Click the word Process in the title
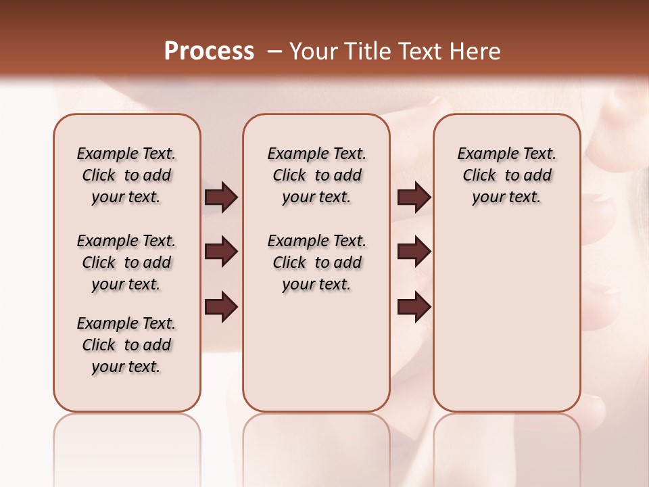click(209, 51)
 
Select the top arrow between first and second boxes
click(221, 197)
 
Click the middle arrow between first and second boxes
click(221, 252)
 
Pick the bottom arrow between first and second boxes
click(221, 307)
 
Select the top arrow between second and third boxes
click(414, 197)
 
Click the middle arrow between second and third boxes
click(414, 252)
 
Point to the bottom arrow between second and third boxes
click(414, 307)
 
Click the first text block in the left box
click(126, 175)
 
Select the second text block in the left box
click(126, 262)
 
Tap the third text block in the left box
click(126, 345)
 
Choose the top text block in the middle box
click(316, 175)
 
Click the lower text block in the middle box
click(316, 262)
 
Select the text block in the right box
click(506, 175)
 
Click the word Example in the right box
click(485, 154)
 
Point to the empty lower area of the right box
click(506, 318)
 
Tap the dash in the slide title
click(274, 51)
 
